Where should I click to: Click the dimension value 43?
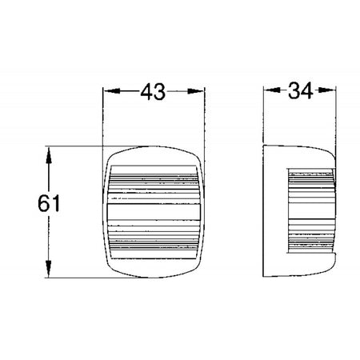(153, 92)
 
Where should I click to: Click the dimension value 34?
(301, 90)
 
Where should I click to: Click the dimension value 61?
(49, 203)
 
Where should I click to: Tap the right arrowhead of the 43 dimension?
(195, 91)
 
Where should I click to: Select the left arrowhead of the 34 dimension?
(272, 90)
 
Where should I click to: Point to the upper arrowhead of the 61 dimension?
(48, 155)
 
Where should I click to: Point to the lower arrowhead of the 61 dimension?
(48, 269)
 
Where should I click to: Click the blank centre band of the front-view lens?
(154, 212)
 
